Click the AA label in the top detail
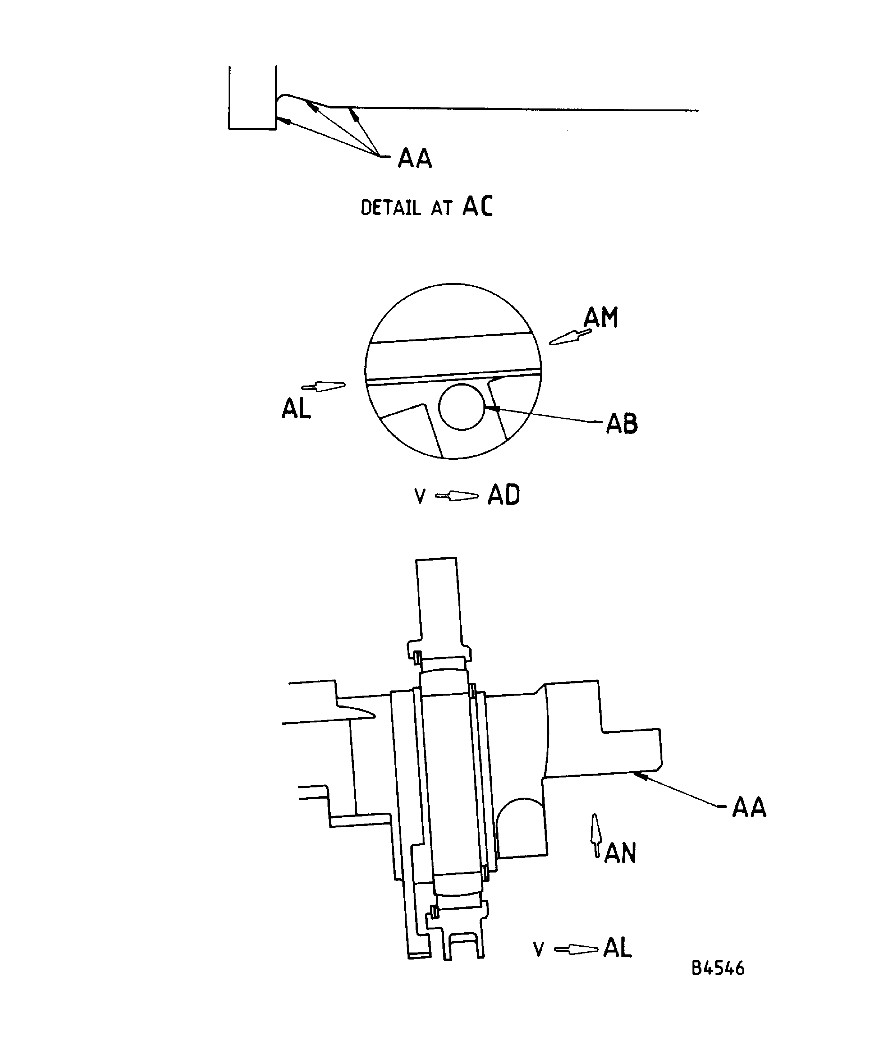414,159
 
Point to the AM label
601,318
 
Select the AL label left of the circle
296,409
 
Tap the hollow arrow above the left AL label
324,386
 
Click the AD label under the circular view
503,495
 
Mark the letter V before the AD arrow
420,496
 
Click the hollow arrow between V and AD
457,496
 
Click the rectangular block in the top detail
252,98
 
